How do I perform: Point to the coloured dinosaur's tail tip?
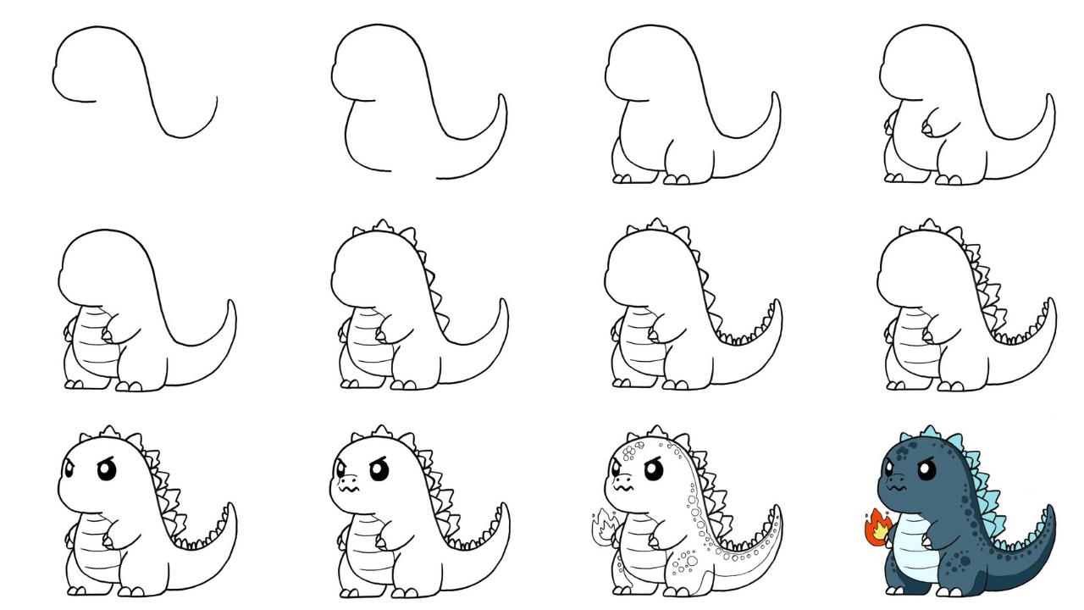pyautogui.click(x=1051, y=509)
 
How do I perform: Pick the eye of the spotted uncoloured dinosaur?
pyautogui.click(x=654, y=469)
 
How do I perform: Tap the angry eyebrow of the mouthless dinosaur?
pyautogui.click(x=105, y=457)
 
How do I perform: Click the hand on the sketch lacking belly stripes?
pyautogui.click(x=928, y=130)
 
